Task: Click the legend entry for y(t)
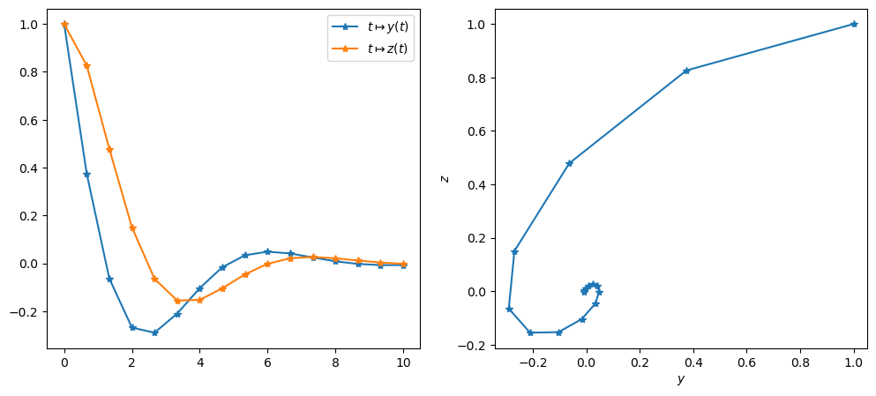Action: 387,26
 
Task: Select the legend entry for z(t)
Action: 387,49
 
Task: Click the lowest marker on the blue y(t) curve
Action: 154,332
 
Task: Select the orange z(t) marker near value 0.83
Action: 86,65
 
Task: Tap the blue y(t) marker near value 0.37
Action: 86,175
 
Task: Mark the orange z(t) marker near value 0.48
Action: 109,149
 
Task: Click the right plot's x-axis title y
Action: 680,379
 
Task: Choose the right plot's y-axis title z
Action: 445,178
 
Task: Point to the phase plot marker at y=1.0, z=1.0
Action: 854,24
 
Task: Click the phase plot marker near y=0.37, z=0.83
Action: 686,71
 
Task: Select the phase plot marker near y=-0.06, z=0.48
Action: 569,163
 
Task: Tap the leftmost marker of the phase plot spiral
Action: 509,309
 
